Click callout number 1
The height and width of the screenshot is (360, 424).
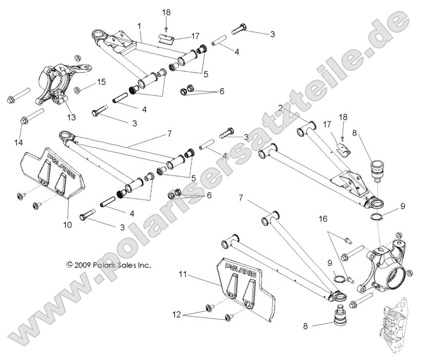(140, 25)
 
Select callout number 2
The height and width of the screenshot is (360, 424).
(280, 107)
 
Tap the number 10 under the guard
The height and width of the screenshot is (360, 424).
(67, 224)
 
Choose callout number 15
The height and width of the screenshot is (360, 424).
(101, 82)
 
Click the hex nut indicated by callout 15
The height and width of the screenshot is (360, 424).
(78, 90)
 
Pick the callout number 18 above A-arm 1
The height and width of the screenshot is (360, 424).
(166, 12)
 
